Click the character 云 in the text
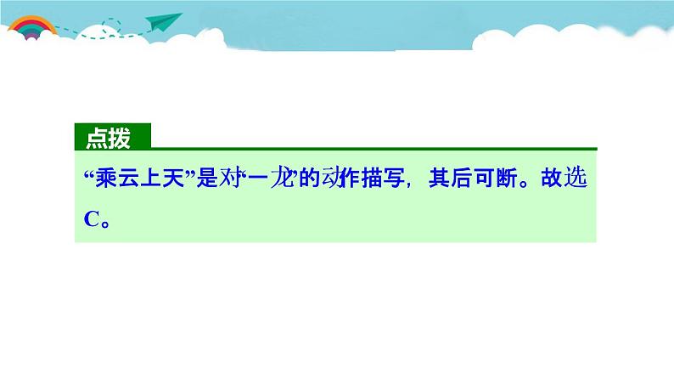click(126, 179)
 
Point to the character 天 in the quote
click(170, 179)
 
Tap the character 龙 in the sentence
click(277, 179)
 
